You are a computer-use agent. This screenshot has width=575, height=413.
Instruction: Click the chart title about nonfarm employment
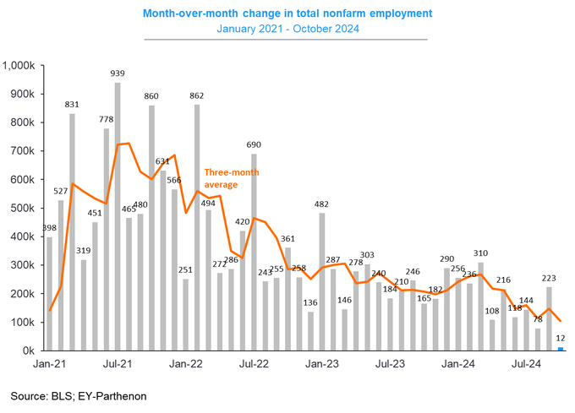click(287, 13)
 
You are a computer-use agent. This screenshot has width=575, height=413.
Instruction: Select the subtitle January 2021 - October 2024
click(287, 30)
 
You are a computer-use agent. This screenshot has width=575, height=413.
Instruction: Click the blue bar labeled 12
click(561, 348)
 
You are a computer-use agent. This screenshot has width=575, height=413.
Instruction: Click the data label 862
click(197, 96)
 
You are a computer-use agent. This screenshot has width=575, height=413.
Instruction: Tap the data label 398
click(49, 229)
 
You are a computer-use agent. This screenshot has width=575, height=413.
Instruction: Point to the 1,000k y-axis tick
click(19, 65)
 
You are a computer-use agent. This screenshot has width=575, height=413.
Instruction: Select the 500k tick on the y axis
click(22, 208)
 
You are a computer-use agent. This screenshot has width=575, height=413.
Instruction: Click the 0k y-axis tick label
click(27, 351)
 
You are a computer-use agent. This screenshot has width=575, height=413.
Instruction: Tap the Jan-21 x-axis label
click(49, 364)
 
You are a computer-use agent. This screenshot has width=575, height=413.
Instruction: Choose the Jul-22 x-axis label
click(254, 364)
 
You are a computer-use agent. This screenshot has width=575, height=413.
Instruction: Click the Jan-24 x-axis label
click(459, 364)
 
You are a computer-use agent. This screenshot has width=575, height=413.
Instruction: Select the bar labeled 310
click(481, 306)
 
